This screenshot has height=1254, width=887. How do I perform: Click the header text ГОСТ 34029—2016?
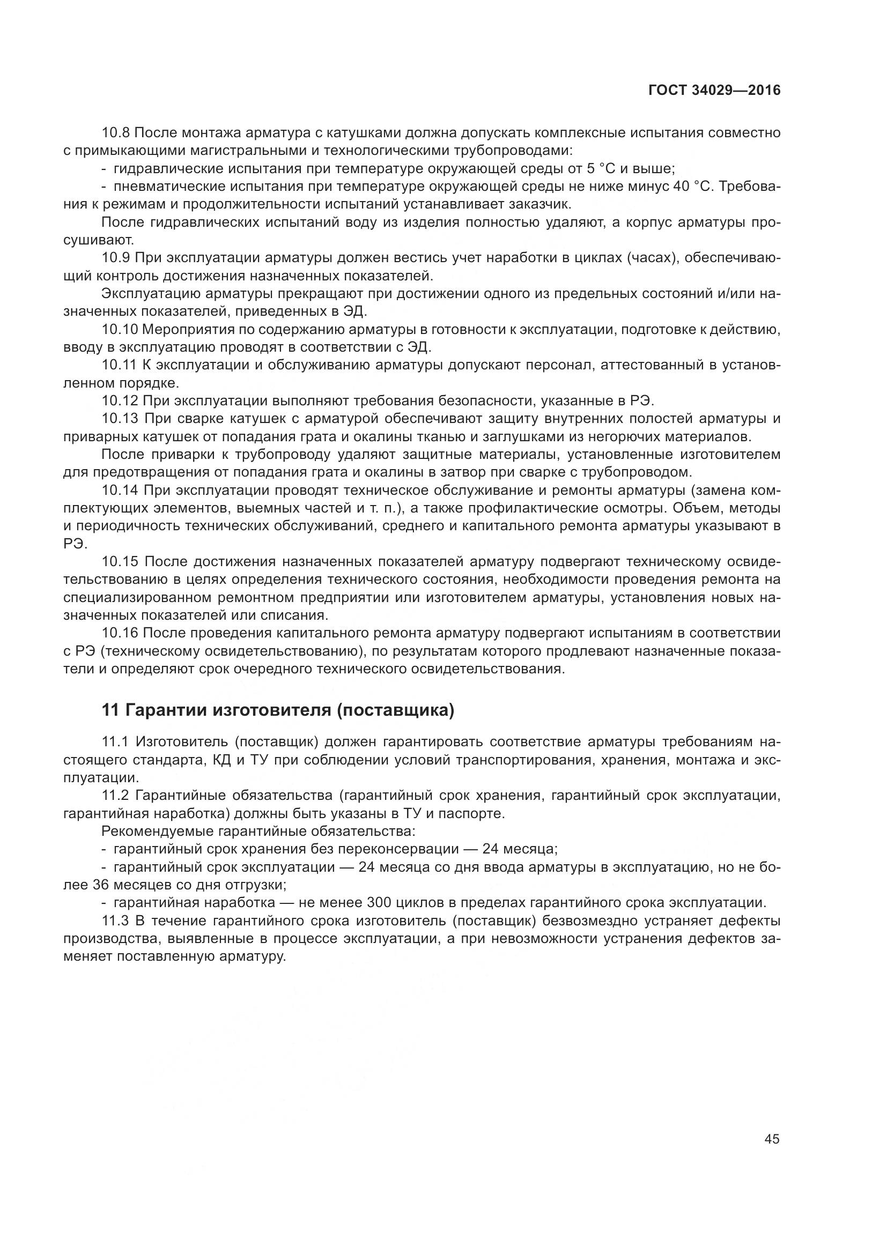[x=714, y=90]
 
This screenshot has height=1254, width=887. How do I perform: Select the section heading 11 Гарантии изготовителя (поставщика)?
[x=278, y=710]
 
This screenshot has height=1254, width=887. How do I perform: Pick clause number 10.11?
[x=119, y=365]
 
